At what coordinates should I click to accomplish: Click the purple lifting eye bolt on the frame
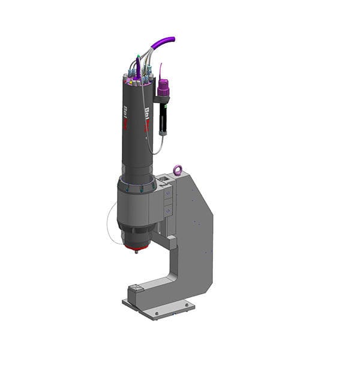pyautogui.click(x=178, y=170)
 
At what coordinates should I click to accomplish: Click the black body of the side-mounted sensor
pyautogui.click(x=163, y=117)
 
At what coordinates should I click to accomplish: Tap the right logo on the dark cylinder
pyautogui.click(x=148, y=115)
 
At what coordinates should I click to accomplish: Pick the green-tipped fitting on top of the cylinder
pyautogui.click(x=138, y=58)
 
